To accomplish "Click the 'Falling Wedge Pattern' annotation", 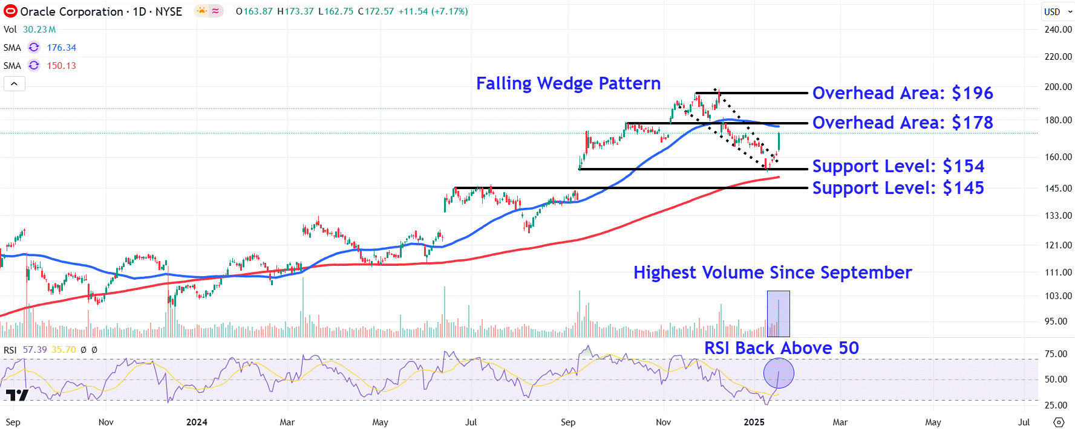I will [x=568, y=83].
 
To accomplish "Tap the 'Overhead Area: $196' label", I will [x=902, y=93].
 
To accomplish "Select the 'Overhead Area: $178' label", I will [x=902, y=123].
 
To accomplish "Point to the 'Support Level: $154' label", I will [x=898, y=166].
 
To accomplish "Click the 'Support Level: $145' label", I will [x=898, y=188].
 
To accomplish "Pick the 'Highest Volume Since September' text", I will [x=773, y=273].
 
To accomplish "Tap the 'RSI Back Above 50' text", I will [x=781, y=348].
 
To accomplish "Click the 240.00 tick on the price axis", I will [x=1057, y=30].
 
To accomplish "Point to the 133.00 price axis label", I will [x=1057, y=216].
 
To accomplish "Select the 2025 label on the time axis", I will [x=754, y=422].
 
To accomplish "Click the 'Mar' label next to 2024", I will [x=287, y=422].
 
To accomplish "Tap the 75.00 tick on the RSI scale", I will [x=1056, y=354].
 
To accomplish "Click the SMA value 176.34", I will [x=62, y=48].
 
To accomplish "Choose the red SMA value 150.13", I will [x=62, y=66].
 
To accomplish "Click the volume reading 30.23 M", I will [x=39, y=30].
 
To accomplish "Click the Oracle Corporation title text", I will [x=71, y=11].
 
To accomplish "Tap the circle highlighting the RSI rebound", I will [x=779, y=373].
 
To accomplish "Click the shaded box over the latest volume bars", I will [x=778, y=314].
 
